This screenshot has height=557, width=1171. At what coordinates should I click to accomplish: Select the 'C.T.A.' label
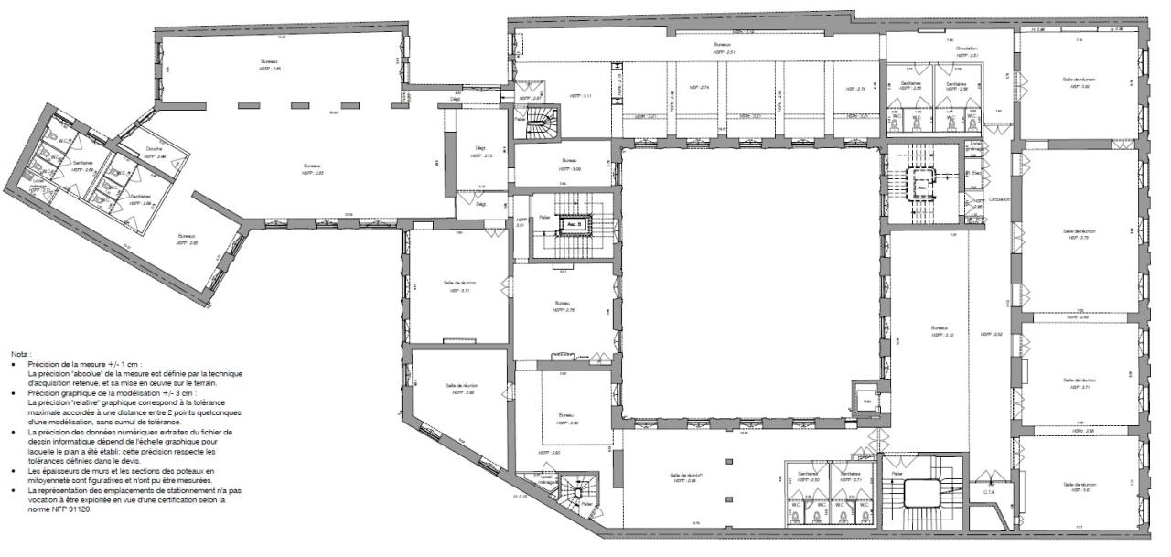coord(989,492)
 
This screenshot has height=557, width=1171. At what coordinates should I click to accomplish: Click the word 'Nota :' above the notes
coord(21,353)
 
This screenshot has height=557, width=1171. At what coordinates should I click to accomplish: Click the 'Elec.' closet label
coord(976,171)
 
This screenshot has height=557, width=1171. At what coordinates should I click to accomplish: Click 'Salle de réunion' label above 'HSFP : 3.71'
coord(460,283)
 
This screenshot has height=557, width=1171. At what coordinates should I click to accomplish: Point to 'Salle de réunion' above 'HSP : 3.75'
coord(1080,231)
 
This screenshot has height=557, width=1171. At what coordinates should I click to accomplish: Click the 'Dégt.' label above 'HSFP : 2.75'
coord(480,148)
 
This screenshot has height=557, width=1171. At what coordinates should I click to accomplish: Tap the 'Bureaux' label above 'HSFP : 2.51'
coord(722,45)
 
